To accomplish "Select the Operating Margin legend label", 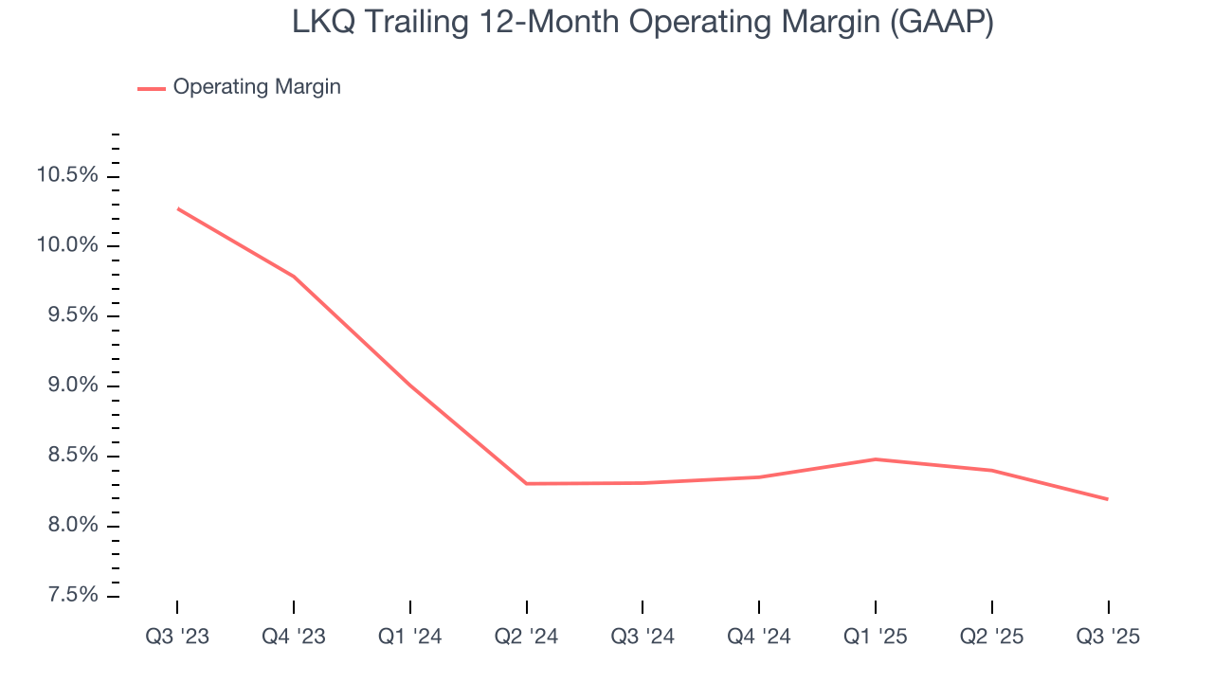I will [x=257, y=87].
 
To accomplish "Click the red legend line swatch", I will [x=152, y=88].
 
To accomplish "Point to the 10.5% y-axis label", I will [x=66, y=176].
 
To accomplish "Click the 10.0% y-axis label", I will [x=66, y=246].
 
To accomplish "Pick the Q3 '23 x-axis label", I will [x=177, y=637].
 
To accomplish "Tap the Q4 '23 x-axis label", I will [x=294, y=637].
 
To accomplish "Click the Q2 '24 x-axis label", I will [x=526, y=637].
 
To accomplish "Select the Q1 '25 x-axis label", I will [x=875, y=637].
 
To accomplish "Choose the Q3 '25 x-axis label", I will [x=1108, y=637].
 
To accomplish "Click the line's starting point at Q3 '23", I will [x=178, y=208].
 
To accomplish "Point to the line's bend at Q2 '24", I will [x=526, y=483].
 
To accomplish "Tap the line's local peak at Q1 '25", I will [x=875, y=459].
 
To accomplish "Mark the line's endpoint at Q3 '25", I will [x=1107, y=499].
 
